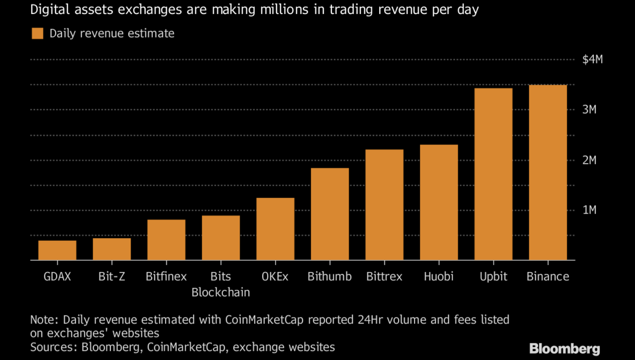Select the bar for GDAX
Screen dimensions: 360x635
click(x=57, y=250)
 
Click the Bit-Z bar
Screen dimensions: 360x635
click(x=112, y=249)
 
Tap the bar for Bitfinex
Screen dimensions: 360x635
click(x=166, y=240)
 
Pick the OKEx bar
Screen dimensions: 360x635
click(x=275, y=229)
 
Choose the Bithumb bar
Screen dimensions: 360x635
click(x=330, y=214)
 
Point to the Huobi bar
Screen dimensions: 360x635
click(x=439, y=202)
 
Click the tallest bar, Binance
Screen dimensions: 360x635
click(x=548, y=172)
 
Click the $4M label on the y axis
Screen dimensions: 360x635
click(x=592, y=60)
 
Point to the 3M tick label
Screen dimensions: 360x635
click(x=589, y=110)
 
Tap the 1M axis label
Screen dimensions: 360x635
click(x=589, y=210)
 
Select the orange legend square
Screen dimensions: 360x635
click(x=37, y=33)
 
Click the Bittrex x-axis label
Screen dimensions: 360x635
click(x=384, y=276)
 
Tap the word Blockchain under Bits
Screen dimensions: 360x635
click(x=221, y=293)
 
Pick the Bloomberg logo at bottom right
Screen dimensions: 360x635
click(x=564, y=348)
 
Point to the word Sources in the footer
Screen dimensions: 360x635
click(x=54, y=347)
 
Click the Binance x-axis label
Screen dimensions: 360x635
click(x=548, y=276)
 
